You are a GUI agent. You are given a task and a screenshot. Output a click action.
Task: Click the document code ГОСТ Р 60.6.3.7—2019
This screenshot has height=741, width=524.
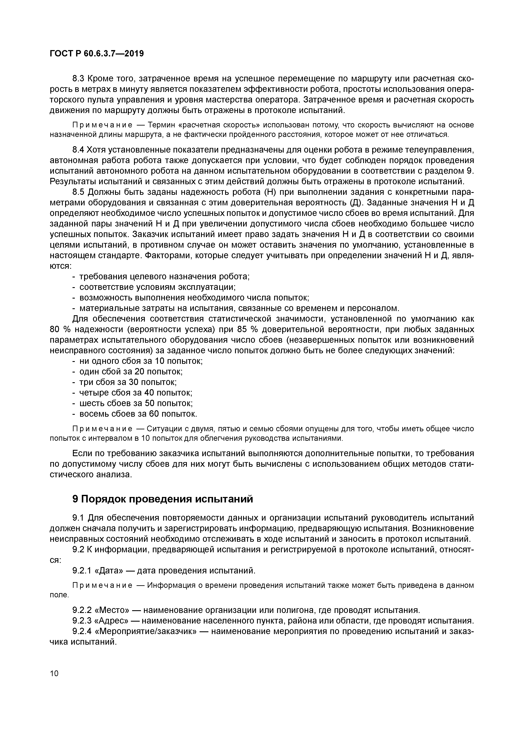tap(97, 54)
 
